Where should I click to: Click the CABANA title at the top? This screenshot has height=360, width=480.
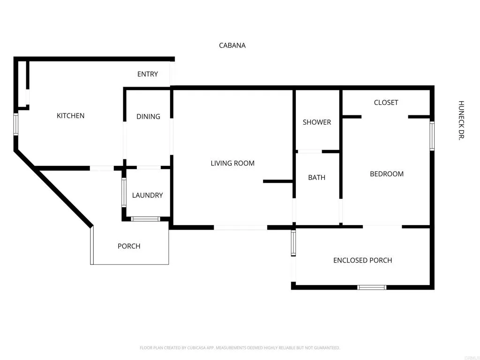click(232, 45)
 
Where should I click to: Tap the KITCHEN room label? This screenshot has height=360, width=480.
click(70, 116)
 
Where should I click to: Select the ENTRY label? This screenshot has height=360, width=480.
click(148, 74)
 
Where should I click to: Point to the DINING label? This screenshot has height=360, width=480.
click(148, 116)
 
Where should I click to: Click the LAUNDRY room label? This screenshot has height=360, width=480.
click(147, 195)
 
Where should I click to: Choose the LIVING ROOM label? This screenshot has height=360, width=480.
click(232, 163)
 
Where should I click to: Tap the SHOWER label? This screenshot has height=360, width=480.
click(317, 122)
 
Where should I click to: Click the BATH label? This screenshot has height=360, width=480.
click(316, 178)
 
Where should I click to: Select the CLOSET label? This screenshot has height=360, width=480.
click(386, 103)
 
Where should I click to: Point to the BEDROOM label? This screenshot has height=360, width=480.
click(387, 174)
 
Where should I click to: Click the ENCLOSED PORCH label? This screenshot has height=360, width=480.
click(362, 260)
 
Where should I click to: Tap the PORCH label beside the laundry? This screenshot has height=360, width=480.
click(129, 246)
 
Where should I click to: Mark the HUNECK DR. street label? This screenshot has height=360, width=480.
click(461, 120)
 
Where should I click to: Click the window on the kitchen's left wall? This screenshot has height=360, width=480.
click(15, 124)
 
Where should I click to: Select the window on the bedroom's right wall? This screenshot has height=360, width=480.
click(432, 136)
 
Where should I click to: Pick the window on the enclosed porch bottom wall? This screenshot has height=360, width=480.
click(372, 287)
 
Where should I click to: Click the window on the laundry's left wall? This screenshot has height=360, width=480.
click(124, 192)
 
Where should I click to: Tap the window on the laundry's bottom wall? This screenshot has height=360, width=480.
click(145, 219)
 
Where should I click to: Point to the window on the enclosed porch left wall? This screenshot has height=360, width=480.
click(293, 243)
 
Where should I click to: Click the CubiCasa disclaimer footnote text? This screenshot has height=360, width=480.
click(240, 348)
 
